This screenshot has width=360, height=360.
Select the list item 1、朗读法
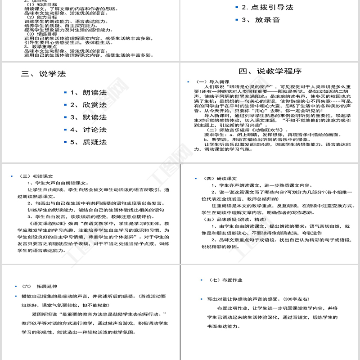88,92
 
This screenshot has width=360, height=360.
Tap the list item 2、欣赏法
88,105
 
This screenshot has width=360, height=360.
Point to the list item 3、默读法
88,117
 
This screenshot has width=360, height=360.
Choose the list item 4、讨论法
88,130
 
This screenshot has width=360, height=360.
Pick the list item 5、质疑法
88,142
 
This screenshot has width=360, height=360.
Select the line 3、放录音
261,20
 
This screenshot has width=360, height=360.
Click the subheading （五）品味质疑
229,219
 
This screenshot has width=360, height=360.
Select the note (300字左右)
297,299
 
